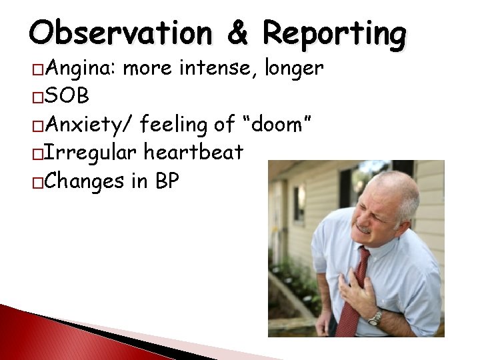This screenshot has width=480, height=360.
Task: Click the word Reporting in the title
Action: pos(333,33)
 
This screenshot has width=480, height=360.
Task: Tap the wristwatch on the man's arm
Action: pos(375,318)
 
